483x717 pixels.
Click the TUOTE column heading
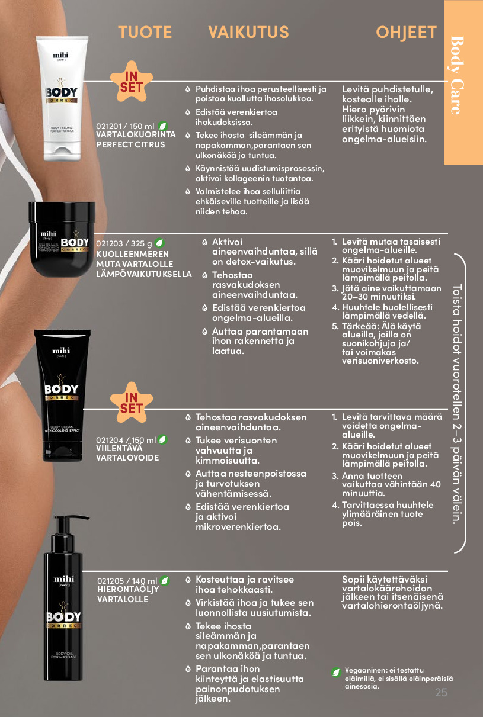pos(145,32)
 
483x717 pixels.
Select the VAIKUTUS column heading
pos(248,32)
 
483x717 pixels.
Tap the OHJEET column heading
pos(406,32)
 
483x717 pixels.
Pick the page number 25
pos(441,692)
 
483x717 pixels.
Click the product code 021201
pos(109,126)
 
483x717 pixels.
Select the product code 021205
pos(110,581)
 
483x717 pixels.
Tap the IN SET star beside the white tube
pos(132,82)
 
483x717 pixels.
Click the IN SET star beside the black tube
pos(132,403)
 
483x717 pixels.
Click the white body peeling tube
pos(62,98)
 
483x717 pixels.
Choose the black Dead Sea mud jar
pos(62,239)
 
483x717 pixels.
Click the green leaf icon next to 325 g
pos(159,243)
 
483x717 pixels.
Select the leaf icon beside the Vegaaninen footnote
pos(336,673)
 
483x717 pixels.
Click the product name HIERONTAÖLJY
pos(128,590)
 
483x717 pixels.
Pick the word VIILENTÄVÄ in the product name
pos(120,448)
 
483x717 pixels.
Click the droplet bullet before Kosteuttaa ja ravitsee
pos(188,580)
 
